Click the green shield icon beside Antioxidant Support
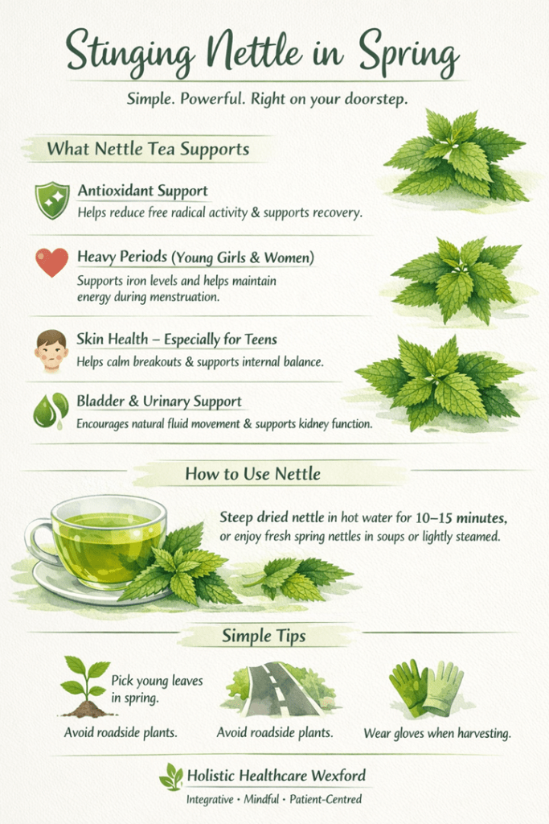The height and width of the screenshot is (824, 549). coord(52,200)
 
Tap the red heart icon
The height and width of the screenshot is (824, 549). coord(52,262)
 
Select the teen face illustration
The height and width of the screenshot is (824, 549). coord(51,350)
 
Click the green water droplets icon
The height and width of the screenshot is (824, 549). coord(51,411)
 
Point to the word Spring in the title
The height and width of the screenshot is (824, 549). coord(409,56)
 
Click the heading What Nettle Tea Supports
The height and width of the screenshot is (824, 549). coord(148,149)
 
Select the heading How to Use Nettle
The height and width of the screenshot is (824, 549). coord(252,473)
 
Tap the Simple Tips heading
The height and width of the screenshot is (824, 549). coord(264,636)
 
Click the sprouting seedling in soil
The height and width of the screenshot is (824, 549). coord(85,686)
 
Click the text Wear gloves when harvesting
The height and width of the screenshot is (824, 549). coord(437,733)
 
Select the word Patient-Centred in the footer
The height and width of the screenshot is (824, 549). coord(326,799)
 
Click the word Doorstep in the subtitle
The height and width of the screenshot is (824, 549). coord(375,99)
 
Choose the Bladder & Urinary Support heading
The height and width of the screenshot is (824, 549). coord(159,402)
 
